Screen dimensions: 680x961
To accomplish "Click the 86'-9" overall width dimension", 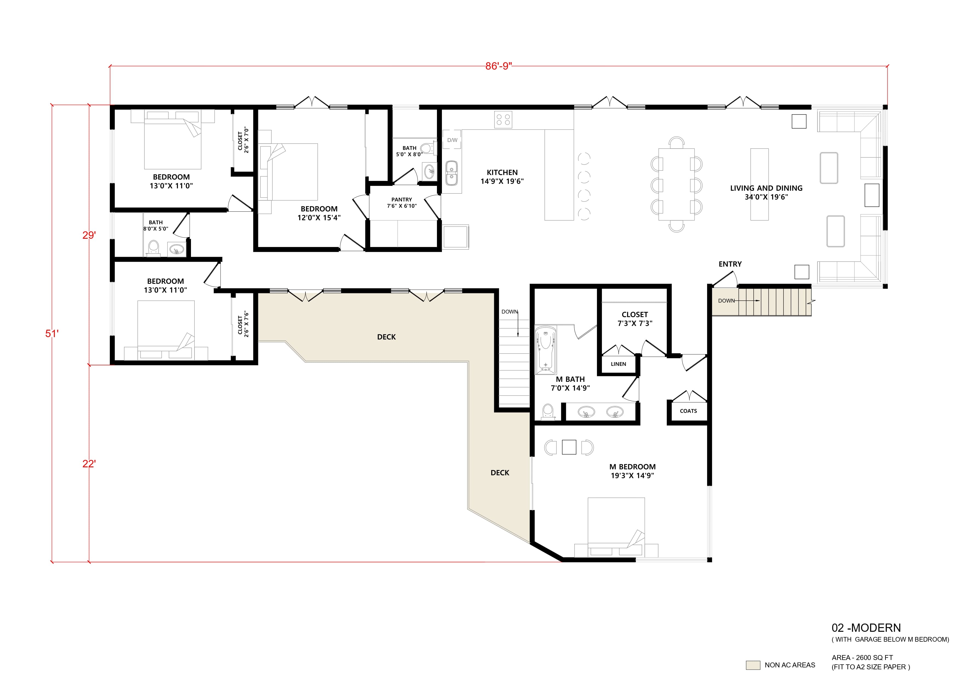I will pos(498,66).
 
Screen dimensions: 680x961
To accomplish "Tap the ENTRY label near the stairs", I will pos(730,264).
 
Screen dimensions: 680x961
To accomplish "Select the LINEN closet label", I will pos(618,364).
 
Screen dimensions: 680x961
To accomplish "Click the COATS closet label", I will pos(688,411).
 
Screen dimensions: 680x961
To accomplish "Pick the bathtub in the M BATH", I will pos(545,350).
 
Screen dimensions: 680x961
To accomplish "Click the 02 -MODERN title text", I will pos(866,628).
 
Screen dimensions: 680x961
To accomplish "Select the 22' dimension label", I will pos(89,463).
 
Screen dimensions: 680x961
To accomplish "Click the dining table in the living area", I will pos(676,184).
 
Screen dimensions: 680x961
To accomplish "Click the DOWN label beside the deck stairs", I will pos(509,312).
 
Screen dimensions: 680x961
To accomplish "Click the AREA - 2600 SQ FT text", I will pos(862,658).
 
